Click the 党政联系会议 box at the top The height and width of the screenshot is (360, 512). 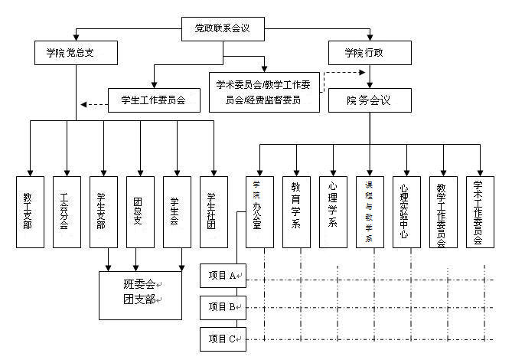[x=223, y=30]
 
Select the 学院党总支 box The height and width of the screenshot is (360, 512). [x=75, y=53]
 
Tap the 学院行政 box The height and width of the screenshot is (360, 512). [x=367, y=53]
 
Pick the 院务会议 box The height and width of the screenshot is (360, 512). [x=370, y=100]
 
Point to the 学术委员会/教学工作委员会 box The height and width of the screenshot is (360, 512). [x=264, y=92]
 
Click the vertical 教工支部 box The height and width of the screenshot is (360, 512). [x=30, y=212]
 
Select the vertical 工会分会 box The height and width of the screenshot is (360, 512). [x=67, y=212]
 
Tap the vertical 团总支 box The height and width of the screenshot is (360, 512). [x=140, y=212]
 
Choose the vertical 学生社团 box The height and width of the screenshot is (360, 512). [x=214, y=212]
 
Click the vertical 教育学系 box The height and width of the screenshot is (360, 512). [x=296, y=212]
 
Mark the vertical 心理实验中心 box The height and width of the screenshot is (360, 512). [x=406, y=212]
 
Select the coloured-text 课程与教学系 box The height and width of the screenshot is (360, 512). [x=370, y=212]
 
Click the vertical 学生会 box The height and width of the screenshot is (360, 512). [x=177, y=212]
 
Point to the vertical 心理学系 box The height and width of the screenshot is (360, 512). [x=333, y=212]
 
